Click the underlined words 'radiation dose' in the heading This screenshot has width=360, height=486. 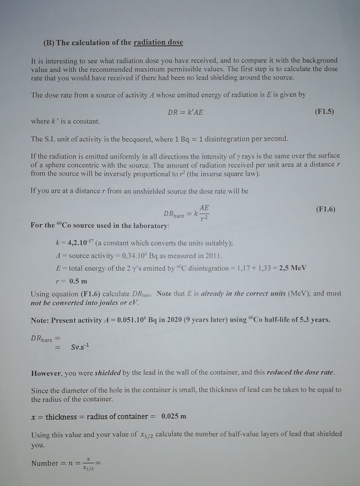coord(159,42)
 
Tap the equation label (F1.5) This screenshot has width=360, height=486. coord(323,112)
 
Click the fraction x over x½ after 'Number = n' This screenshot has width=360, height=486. coord(88,463)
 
